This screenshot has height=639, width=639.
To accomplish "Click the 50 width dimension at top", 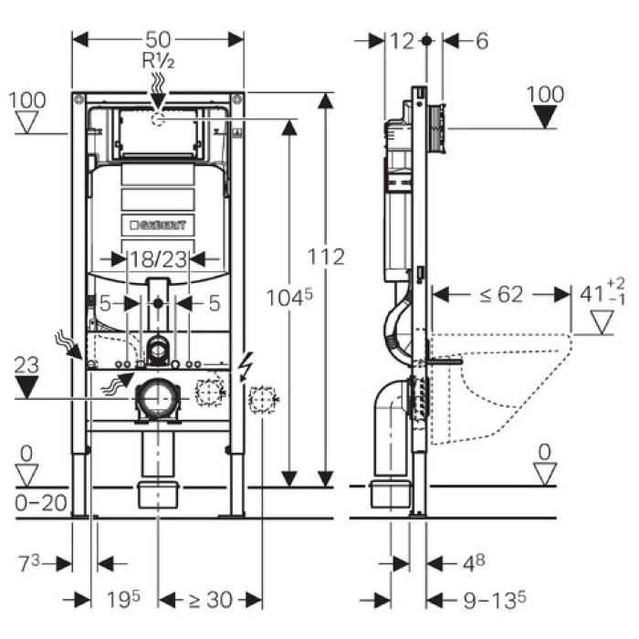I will [158, 39].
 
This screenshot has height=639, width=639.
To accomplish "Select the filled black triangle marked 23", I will [30, 387].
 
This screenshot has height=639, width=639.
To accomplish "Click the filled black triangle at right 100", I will [546, 116].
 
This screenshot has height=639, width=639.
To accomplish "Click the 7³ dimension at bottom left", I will [30, 562].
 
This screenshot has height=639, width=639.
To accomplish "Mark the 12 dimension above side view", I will [402, 40].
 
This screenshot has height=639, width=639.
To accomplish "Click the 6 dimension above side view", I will [482, 40].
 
